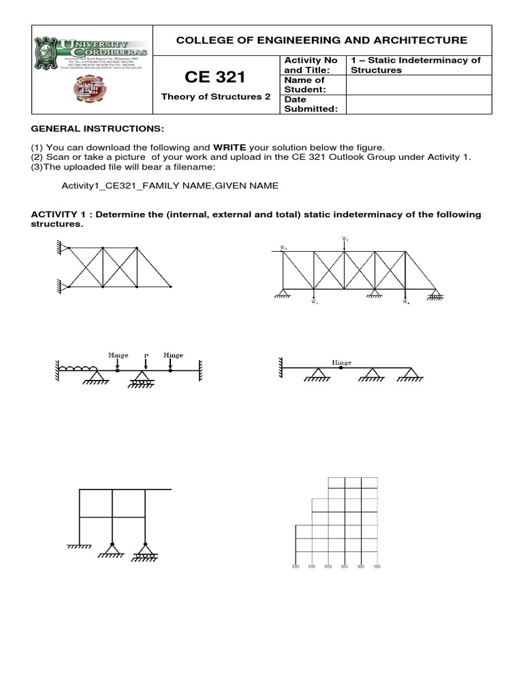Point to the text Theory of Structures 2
215,97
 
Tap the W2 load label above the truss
345,240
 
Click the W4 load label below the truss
407,302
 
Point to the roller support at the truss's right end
434,295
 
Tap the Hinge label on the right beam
341,363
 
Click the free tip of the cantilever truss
170,287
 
